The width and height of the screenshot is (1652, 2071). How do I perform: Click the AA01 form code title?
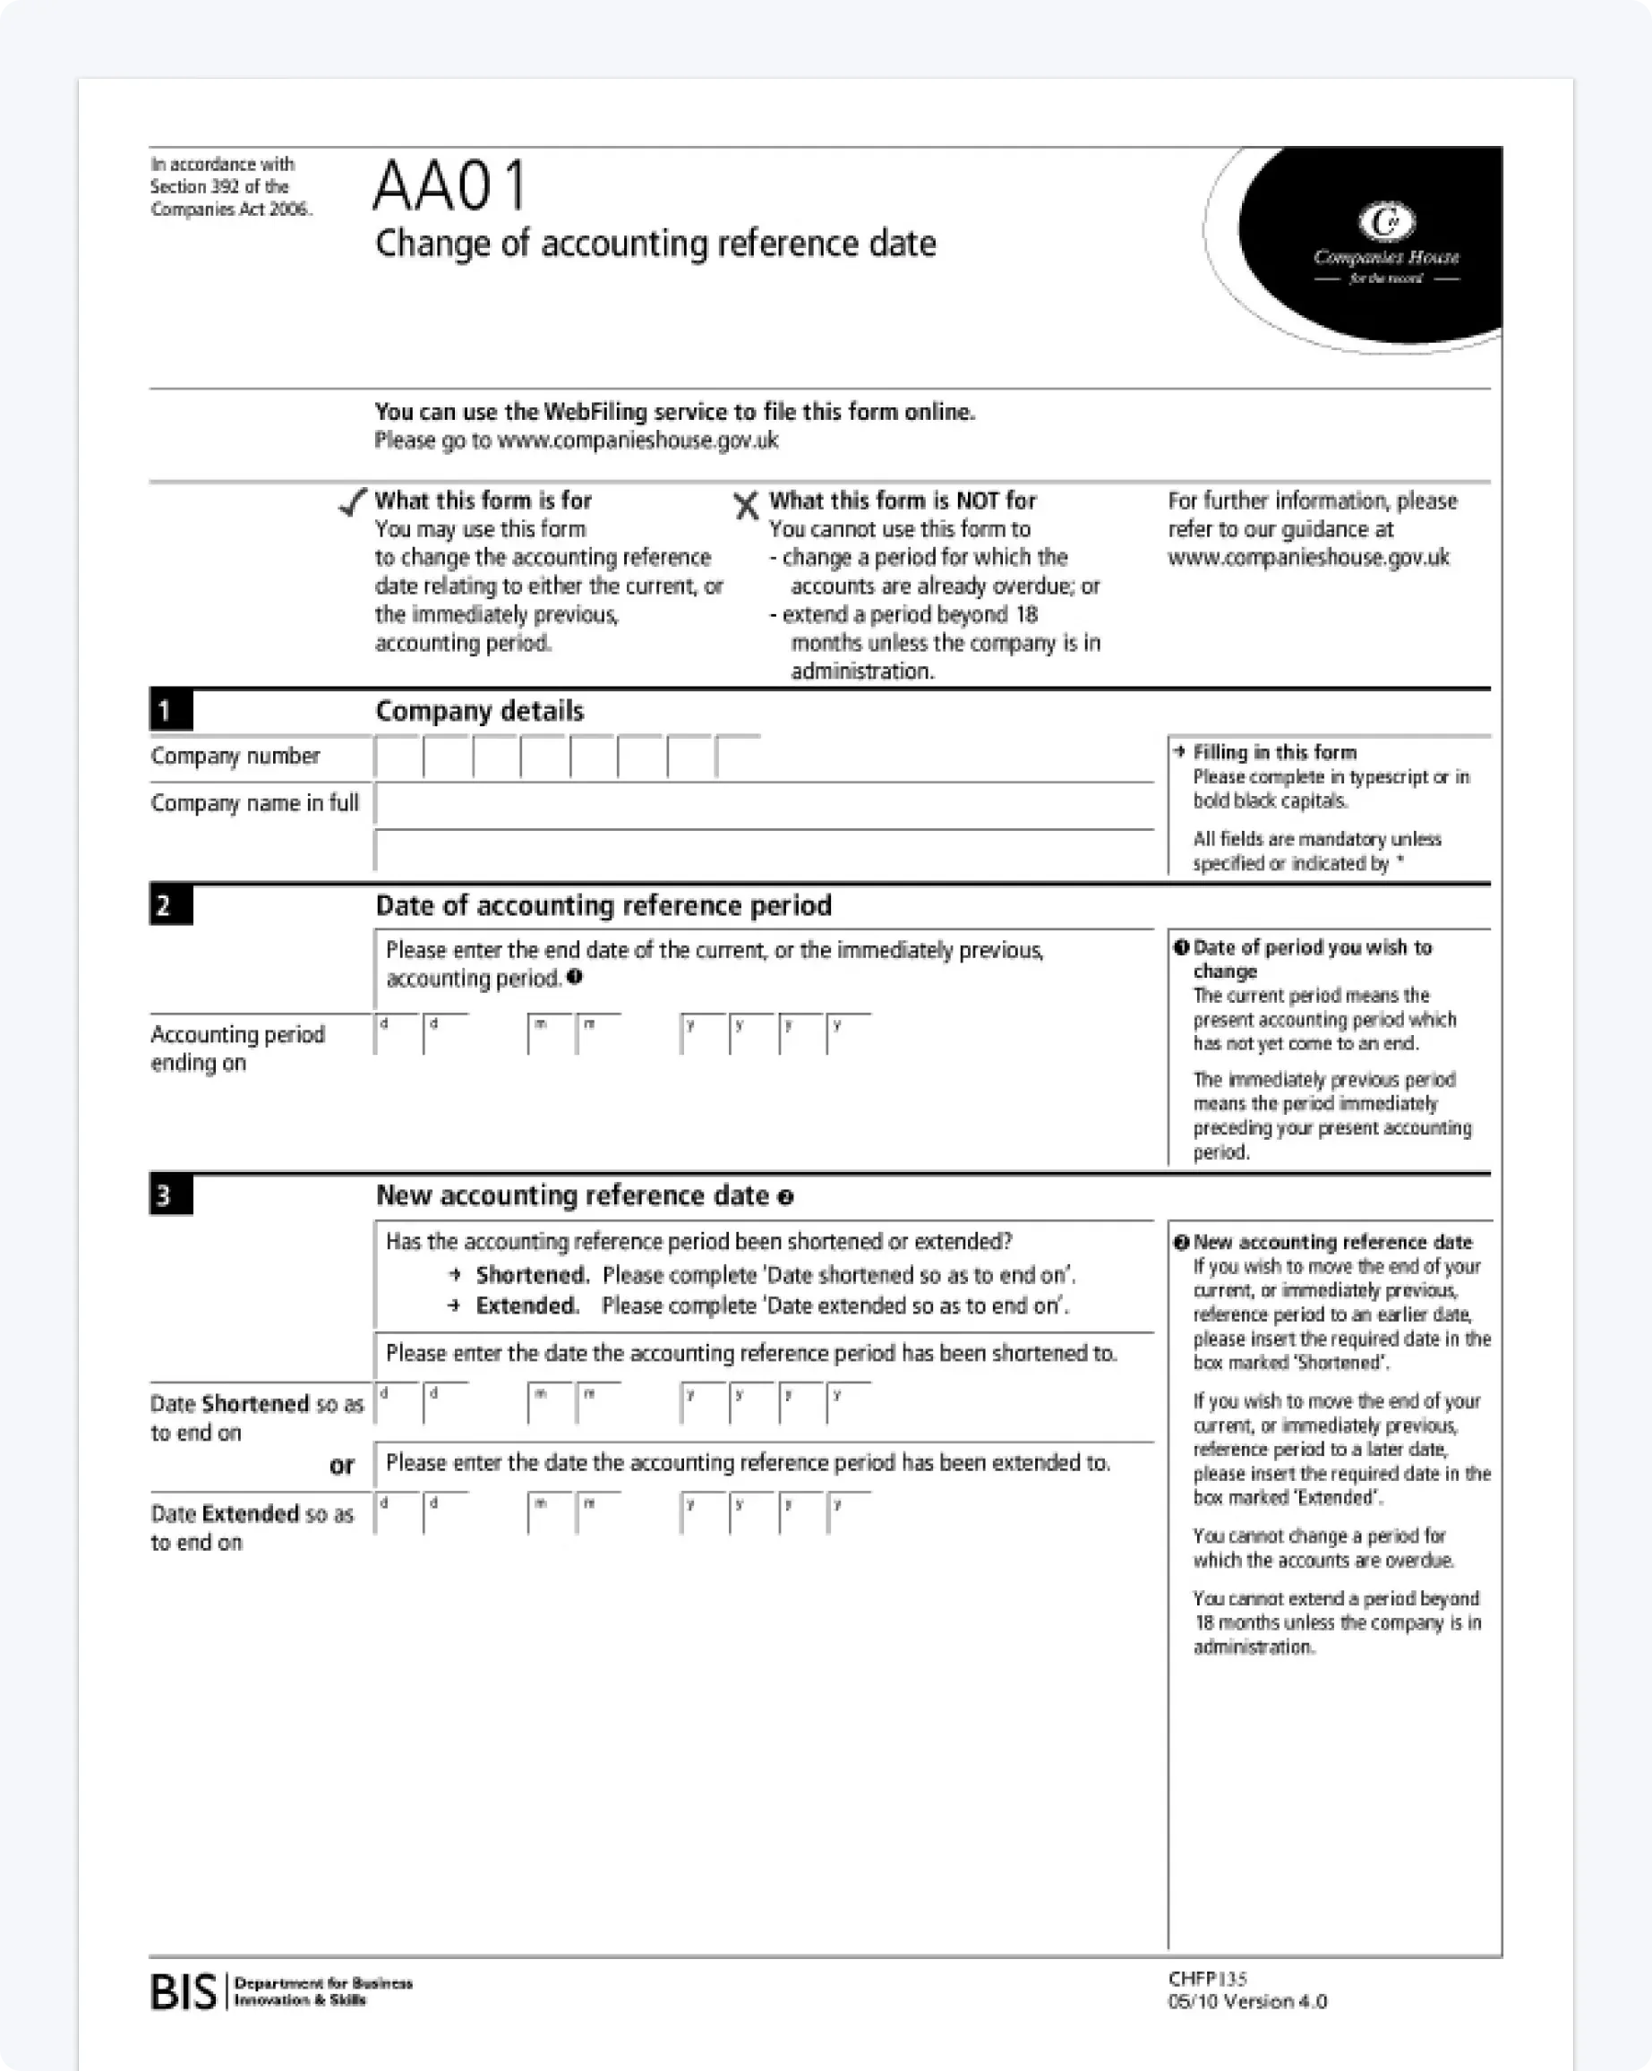coord(449,185)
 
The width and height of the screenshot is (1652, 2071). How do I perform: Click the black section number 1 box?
coord(170,711)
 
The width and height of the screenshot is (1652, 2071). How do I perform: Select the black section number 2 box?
coord(170,905)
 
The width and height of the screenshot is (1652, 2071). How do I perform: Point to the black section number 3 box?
coord(170,1195)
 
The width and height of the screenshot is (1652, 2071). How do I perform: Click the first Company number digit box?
coord(398,757)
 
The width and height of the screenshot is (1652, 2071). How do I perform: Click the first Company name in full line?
coord(764,805)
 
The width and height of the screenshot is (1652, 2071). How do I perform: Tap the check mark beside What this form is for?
coord(354,501)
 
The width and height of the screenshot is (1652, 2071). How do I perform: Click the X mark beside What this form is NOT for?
coord(745,505)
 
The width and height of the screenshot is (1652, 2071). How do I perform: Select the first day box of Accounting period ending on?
coord(398,1034)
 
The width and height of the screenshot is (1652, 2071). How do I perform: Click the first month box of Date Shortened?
coord(551,1403)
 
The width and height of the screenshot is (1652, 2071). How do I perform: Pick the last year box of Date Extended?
coord(849,1513)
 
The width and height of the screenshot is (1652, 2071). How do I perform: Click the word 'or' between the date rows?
coord(342,1466)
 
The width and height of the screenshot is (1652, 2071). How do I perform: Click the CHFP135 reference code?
coord(1207,1978)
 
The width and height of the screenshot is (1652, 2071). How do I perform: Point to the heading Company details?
coord(479,711)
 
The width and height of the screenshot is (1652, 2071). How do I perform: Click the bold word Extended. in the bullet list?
coord(527,1305)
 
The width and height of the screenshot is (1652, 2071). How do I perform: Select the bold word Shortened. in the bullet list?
coord(532,1275)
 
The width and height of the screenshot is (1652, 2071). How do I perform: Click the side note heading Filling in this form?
coord(1274,752)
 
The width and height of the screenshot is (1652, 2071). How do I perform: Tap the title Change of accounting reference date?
coord(655,244)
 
